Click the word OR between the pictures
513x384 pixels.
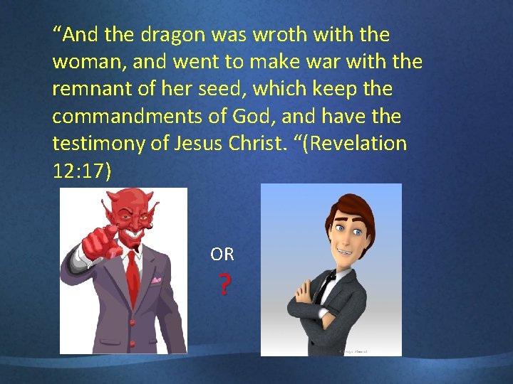pos(222,254)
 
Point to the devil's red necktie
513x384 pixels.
pos(133,281)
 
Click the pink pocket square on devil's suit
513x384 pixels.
pos(156,280)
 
